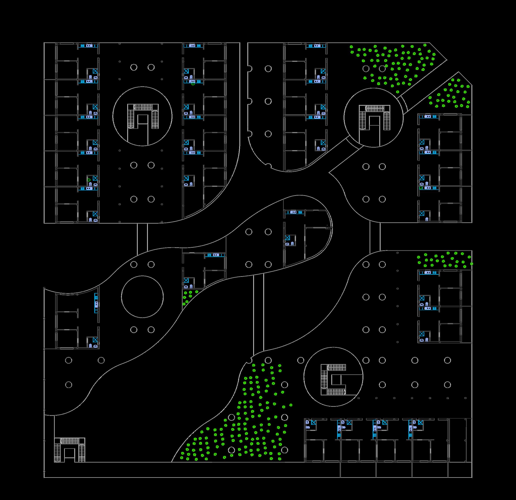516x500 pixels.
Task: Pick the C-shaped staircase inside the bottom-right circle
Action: [333, 380]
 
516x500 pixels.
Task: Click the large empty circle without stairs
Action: [142, 297]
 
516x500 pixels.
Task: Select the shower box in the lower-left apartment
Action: [95, 340]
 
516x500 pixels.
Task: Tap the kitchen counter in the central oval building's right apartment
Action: [294, 212]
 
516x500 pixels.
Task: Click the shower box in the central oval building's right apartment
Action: [287, 238]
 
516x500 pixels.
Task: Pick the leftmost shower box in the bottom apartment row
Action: [313, 422]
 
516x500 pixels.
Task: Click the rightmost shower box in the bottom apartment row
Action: [421, 422]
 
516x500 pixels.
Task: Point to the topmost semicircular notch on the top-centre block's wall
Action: [249, 69]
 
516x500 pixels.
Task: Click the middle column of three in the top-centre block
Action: [268, 101]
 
